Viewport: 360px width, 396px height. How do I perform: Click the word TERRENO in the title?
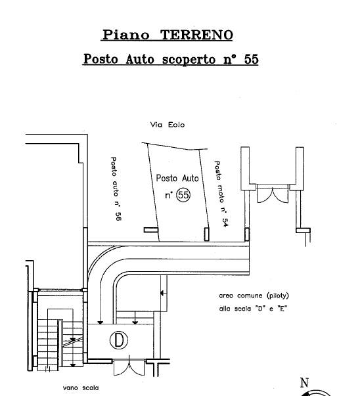click(196, 35)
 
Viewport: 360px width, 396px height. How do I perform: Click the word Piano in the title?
click(125, 35)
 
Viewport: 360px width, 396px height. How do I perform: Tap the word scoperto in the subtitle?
click(189, 60)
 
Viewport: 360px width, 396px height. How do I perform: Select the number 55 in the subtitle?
click(252, 59)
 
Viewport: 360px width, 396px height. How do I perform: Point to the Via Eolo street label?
click(168, 125)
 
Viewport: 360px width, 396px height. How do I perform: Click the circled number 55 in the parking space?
click(183, 195)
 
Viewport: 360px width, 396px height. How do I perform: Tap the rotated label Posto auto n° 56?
click(116, 188)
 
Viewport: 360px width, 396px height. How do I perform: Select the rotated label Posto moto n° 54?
click(221, 194)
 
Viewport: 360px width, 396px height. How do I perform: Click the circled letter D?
click(119, 340)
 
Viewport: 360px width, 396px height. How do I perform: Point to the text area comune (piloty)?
click(254, 296)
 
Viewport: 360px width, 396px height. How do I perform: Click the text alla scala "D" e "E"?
click(253, 309)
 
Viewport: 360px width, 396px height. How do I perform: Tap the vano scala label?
click(81, 387)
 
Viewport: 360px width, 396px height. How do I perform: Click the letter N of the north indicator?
click(304, 383)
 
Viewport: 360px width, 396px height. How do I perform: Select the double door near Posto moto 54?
click(273, 194)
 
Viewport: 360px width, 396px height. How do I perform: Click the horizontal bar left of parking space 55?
click(151, 230)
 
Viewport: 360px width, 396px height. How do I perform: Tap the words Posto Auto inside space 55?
click(177, 179)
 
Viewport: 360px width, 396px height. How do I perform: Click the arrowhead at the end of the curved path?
click(101, 322)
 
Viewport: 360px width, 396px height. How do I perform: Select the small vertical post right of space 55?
click(206, 234)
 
